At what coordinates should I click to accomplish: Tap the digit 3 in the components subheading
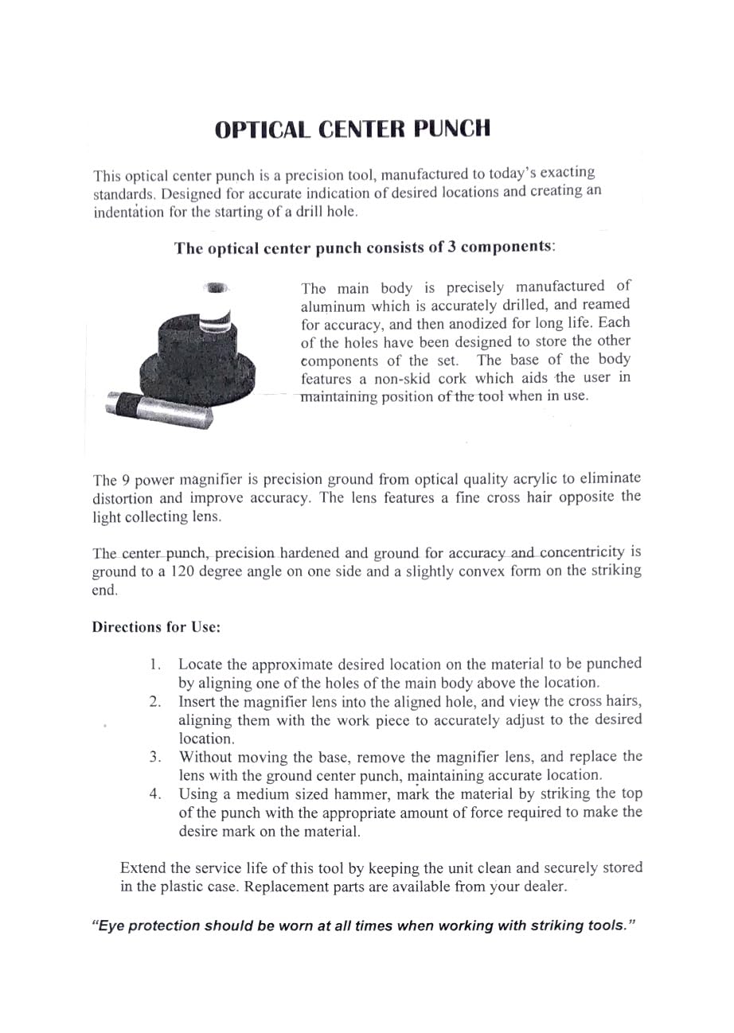[454, 247]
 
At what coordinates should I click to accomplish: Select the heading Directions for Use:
[156, 627]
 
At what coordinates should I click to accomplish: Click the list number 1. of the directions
[156, 665]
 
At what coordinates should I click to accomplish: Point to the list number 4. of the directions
[156, 794]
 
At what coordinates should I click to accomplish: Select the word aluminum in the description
[333, 306]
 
